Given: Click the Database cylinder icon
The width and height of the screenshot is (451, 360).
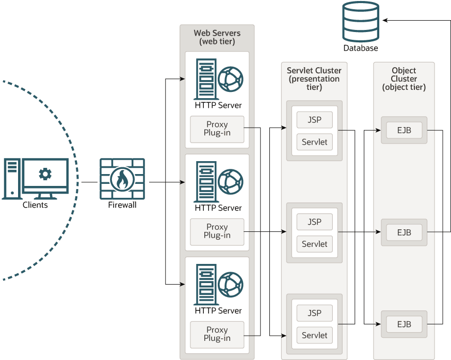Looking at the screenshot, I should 361,22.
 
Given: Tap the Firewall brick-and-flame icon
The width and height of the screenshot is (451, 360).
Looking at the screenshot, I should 122,179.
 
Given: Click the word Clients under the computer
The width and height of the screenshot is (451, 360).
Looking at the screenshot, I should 35,205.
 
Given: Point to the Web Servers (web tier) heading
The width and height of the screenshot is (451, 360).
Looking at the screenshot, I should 217,37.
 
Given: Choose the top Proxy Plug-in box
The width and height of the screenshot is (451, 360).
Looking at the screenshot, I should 217,129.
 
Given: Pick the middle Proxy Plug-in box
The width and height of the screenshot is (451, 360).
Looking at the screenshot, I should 217,231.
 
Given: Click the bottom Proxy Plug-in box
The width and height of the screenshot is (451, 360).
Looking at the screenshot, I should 217,334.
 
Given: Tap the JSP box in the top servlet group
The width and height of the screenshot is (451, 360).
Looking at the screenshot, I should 314,120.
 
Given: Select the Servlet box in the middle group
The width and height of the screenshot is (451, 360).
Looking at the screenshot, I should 314,244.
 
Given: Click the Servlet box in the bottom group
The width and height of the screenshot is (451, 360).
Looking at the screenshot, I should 314,335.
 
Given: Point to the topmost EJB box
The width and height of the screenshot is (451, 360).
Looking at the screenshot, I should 404,130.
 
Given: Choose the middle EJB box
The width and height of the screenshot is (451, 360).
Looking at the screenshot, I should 404,232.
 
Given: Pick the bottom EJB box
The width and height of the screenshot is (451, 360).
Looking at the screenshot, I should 404,324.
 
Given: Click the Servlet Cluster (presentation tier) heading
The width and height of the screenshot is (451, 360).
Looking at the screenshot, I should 314,79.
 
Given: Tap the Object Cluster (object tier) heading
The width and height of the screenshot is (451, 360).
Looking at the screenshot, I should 404,79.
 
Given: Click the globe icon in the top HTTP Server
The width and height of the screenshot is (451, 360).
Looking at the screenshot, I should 230,79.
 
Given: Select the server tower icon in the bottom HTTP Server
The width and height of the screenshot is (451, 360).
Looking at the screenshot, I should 205,284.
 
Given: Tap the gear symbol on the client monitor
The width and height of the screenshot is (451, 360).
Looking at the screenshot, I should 45,174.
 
